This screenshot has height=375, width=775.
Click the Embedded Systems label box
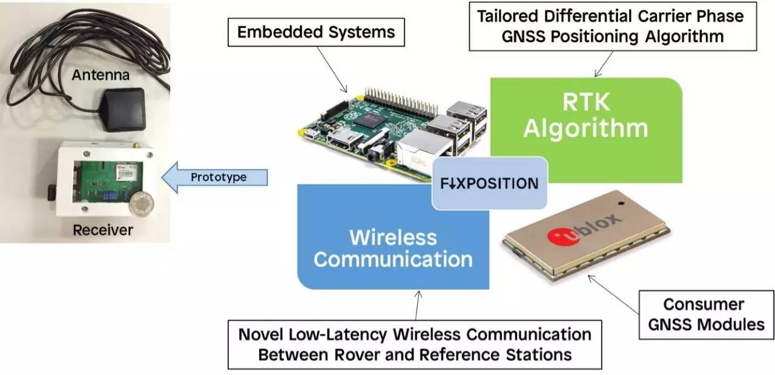pyautogui.click(x=315, y=32)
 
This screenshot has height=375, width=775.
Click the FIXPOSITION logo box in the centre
pyautogui.click(x=490, y=183)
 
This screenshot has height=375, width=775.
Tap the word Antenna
pyautogui.click(x=101, y=76)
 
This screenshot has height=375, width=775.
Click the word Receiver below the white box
pyautogui.click(x=103, y=230)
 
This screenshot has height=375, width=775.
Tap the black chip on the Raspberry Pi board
pyautogui.click(x=369, y=120)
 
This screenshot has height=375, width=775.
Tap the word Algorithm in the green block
pyautogui.click(x=585, y=129)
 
